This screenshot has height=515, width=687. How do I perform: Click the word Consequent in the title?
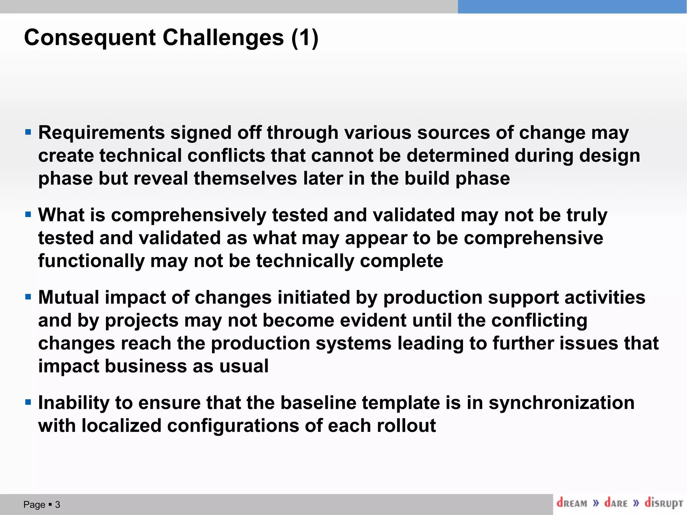pos(90,38)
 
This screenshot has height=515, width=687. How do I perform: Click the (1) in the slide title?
pos(305,38)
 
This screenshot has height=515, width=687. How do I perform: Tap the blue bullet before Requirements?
pos(28,132)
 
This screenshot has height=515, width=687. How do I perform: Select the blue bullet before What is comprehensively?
pos(28,214)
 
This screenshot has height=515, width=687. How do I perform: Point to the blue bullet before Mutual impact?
pos(28,297)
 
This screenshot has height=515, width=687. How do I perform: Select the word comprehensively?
pos(189,215)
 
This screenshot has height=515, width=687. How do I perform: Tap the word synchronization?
pos(561,403)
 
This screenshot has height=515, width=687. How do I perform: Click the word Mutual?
pos(68,297)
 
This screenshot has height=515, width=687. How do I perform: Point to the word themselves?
pos(245,178)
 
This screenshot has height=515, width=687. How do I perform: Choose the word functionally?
pos(91,261)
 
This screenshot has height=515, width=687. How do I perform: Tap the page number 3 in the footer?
pos(57,505)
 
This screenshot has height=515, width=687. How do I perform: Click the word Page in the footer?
pos(34,505)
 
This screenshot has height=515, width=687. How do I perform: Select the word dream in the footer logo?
pos(572,503)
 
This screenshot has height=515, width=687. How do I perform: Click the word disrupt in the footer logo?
pos(664,503)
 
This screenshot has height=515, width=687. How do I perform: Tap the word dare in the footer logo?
pos(616,503)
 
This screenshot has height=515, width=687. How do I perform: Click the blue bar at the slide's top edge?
pos(572,7)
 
